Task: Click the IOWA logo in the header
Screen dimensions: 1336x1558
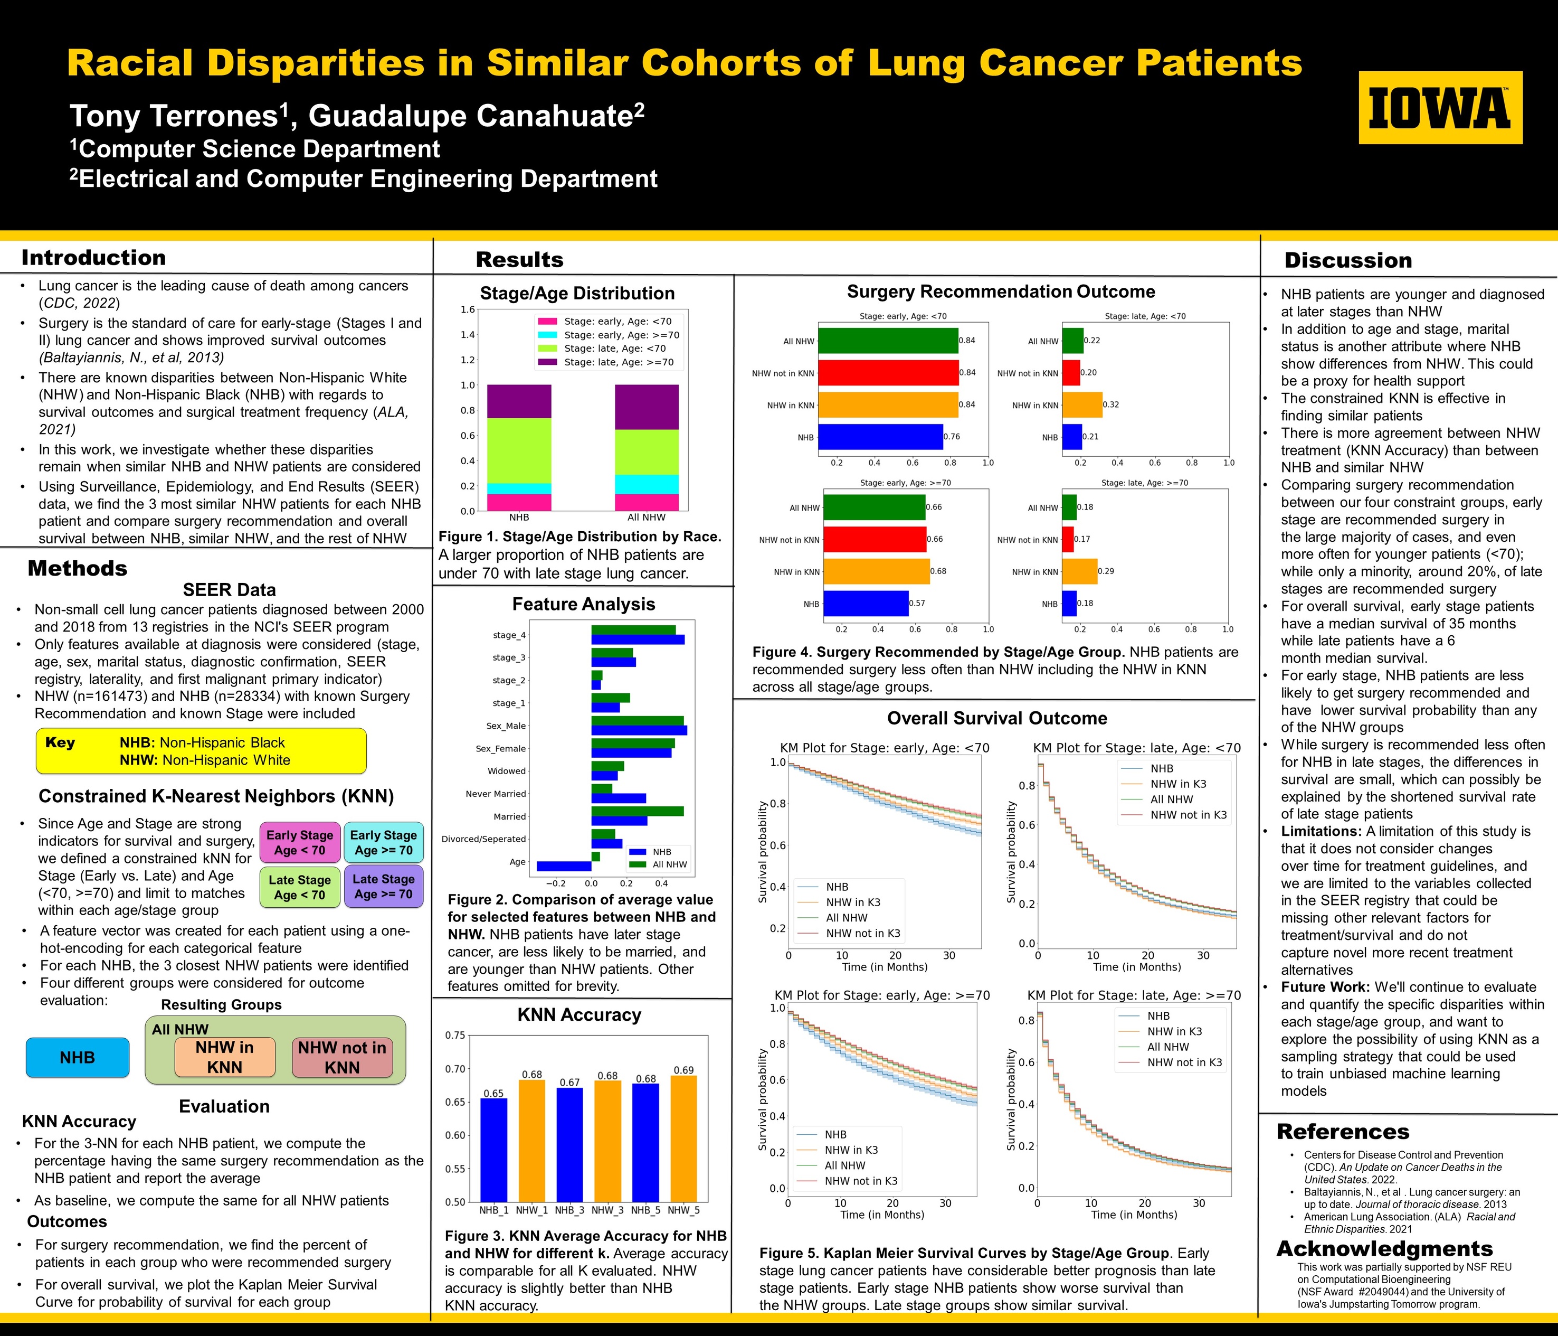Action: pyautogui.click(x=1440, y=108)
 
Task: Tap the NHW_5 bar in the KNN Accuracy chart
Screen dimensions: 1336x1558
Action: pyautogui.click(x=683, y=1138)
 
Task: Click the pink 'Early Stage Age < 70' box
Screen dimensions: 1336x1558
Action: pyautogui.click(x=299, y=842)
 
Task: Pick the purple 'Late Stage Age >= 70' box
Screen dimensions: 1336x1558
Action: pyautogui.click(x=384, y=886)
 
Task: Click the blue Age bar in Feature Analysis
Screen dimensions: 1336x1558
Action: pyautogui.click(x=564, y=866)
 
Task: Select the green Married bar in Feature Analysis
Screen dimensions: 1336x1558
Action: pyautogui.click(x=637, y=811)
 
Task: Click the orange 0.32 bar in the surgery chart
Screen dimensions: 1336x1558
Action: pyautogui.click(x=1082, y=404)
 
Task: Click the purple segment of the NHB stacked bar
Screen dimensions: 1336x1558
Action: pyautogui.click(x=519, y=401)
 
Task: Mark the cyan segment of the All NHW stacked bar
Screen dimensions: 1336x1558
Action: pyautogui.click(x=646, y=484)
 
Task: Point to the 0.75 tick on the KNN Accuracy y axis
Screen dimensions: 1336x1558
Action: pyautogui.click(x=455, y=1035)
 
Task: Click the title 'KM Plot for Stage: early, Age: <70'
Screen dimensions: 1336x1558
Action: pyautogui.click(x=884, y=748)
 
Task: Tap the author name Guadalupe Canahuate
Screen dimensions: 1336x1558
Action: pyautogui.click(x=476, y=116)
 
